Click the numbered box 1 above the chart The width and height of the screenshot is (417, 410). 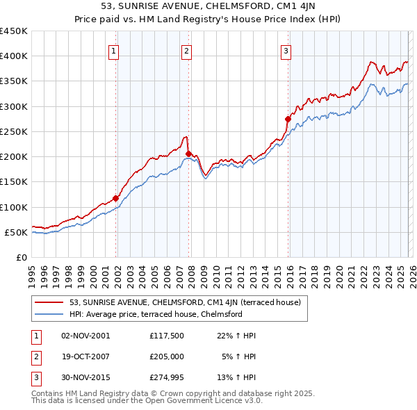click(113, 50)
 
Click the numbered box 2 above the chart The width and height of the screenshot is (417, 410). click(187, 50)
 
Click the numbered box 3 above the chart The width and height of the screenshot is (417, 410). click(286, 50)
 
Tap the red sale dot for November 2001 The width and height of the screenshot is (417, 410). click(116, 198)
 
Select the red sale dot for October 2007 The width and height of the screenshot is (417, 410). click(188, 154)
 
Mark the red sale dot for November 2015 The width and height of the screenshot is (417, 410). click(288, 119)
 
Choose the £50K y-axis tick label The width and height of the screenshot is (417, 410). click(16, 232)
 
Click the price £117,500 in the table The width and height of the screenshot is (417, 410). click(166, 336)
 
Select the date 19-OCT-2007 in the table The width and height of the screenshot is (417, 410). click(85, 356)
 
